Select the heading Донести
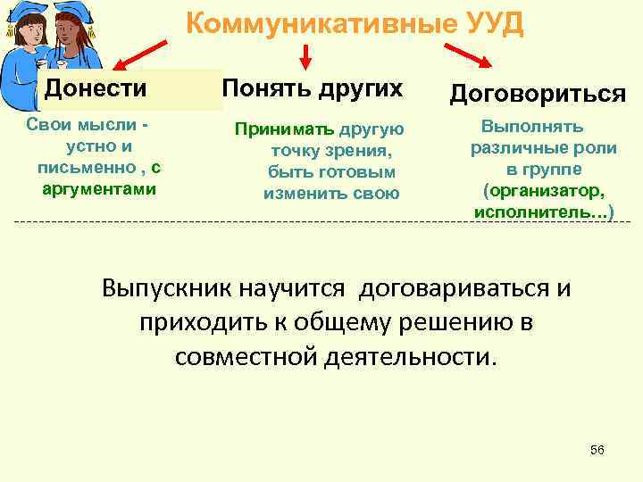click(x=96, y=88)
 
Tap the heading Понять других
click(x=312, y=88)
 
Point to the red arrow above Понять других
click(x=305, y=55)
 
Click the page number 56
click(x=597, y=450)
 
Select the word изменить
click(x=299, y=193)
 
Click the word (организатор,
click(x=543, y=191)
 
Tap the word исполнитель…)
click(x=543, y=213)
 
